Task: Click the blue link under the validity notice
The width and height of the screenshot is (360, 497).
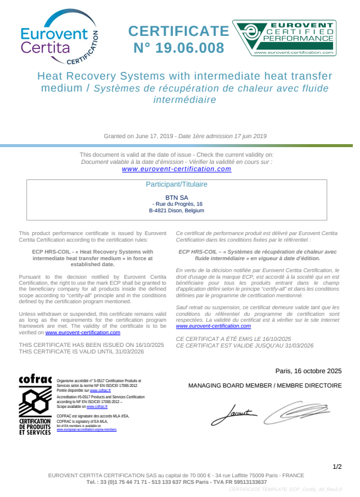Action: coord(176,169)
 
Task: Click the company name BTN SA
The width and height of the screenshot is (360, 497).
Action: coord(176,197)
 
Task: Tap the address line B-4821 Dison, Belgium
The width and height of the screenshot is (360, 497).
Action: coord(176,211)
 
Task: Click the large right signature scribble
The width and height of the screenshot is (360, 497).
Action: coord(296,411)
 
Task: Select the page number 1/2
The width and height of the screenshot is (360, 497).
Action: coord(337,466)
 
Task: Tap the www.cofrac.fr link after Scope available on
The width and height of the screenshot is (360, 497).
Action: coord(96,406)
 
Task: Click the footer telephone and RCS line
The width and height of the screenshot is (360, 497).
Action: coord(176,481)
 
